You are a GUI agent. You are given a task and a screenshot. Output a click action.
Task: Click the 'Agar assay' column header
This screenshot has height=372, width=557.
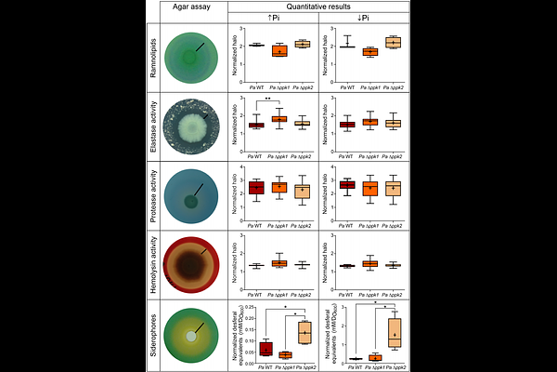(189, 7)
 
